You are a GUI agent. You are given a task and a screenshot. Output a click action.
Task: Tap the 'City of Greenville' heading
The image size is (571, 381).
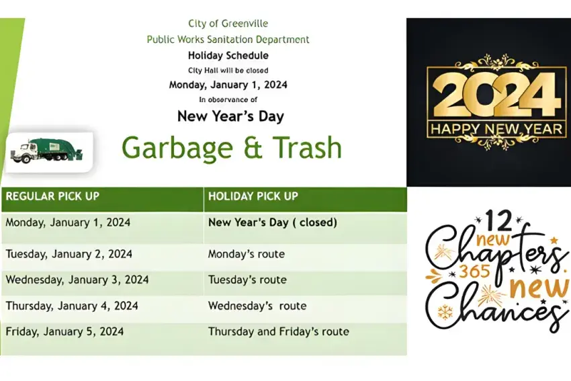228,24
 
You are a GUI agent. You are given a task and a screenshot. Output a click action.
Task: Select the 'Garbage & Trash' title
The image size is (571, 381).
232,148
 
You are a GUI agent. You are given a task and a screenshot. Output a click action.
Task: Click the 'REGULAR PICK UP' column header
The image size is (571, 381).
52,196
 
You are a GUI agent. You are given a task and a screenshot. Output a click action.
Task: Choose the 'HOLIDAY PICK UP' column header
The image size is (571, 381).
253,196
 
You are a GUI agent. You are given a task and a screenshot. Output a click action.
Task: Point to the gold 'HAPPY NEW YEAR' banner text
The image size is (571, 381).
496,129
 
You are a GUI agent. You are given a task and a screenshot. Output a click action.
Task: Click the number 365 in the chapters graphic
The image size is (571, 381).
474,271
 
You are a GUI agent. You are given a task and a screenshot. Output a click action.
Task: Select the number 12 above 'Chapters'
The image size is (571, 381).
499,220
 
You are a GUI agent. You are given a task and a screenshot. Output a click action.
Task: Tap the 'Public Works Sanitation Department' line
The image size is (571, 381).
228,40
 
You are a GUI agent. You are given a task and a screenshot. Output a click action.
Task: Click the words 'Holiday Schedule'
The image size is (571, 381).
228,55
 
